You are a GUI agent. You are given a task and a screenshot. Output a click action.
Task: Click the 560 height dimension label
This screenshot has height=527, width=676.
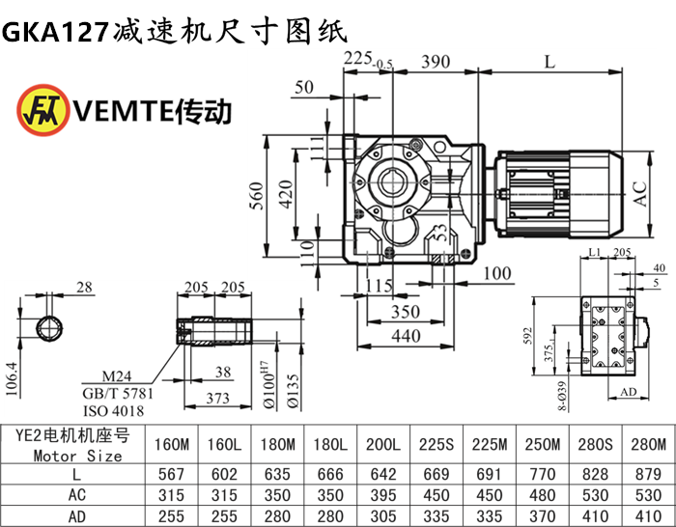tap(256, 196)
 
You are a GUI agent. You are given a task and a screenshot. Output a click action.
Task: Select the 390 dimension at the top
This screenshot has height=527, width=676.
tap(436, 63)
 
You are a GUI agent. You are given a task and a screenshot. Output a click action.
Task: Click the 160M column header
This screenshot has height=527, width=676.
tap(172, 445)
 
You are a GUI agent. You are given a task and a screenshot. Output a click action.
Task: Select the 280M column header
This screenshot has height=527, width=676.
tap(646, 445)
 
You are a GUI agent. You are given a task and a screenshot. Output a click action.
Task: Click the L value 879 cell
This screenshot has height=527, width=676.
tap(646, 475)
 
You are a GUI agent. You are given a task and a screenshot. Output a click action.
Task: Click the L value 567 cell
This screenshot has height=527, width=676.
tap(172, 475)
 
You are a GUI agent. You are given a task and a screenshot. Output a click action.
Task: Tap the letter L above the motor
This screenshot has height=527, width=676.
tap(549, 63)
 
